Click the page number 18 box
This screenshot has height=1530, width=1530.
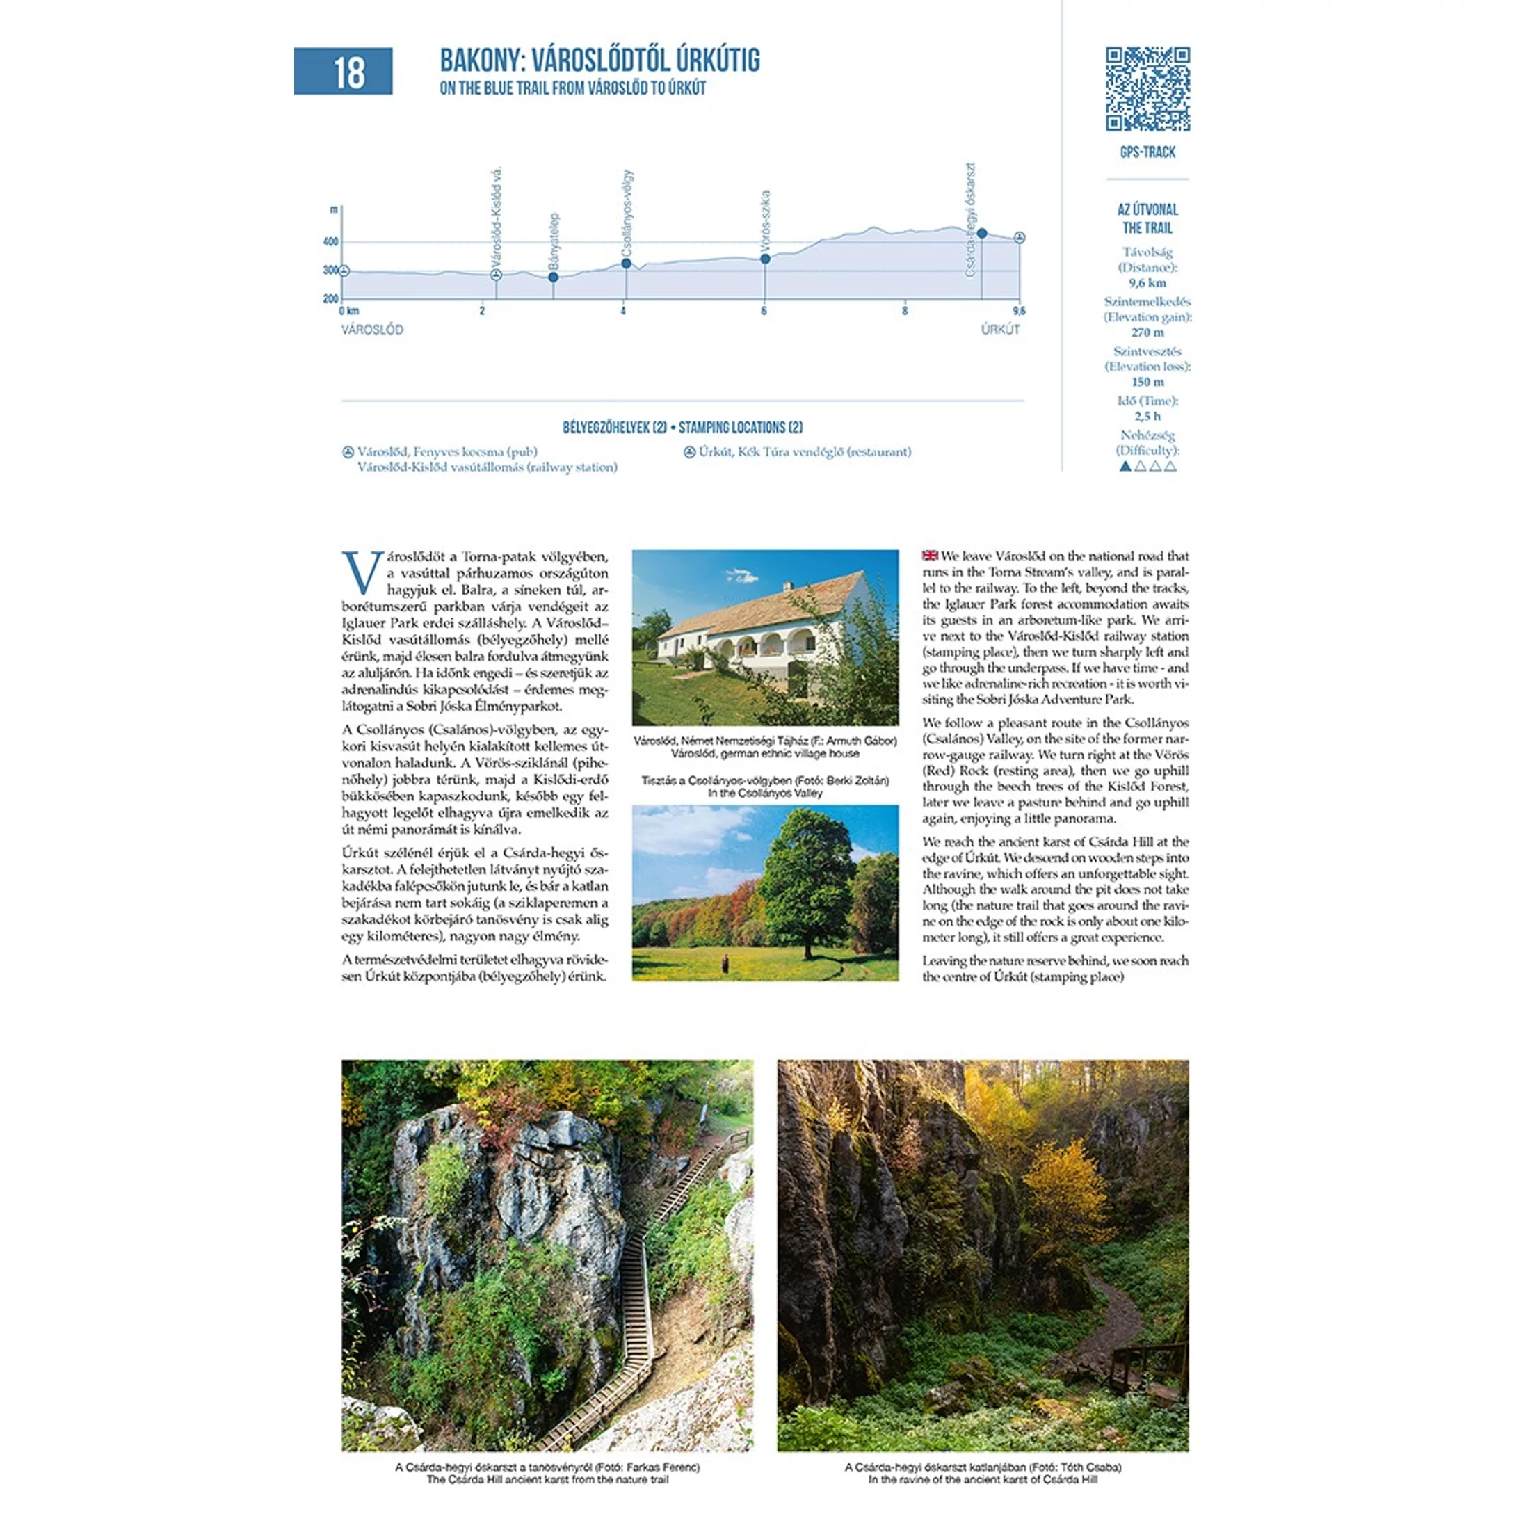pyautogui.click(x=343, y=71)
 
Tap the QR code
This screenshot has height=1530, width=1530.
pyautogui.click(x=1147, y=89)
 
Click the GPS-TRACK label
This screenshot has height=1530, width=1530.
pyautogui.click(x=1147, y=152)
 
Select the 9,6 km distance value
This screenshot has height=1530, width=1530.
pyautogui.click(x=1147, y=283)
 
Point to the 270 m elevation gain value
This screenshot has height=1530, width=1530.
pyautogui.click(x=1147, y=332)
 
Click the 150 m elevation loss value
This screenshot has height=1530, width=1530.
pyautogui.click(x=1147, y=382)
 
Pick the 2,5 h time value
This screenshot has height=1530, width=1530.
pyautogui.click(x=1147, y=417)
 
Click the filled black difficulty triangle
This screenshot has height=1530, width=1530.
pyautogui.click(x=1125, y=467)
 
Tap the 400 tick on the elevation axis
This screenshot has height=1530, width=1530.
pyautogui.click(x=330, y=241)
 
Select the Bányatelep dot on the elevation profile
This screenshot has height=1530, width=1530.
pyautogui.click(x=554, y=277)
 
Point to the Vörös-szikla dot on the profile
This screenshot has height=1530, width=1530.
pyautogui.click(x=765, y=259)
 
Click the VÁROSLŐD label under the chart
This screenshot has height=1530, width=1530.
pyautogui.click(x=372, y=330)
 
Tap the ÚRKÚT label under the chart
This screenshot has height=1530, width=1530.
pyautogui.click(x=1000, y=330)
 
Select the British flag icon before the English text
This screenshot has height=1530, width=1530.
pyautogui.click(x=930, y=556)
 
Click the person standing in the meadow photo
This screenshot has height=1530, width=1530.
pyautogui.click(x=724, y=964)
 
